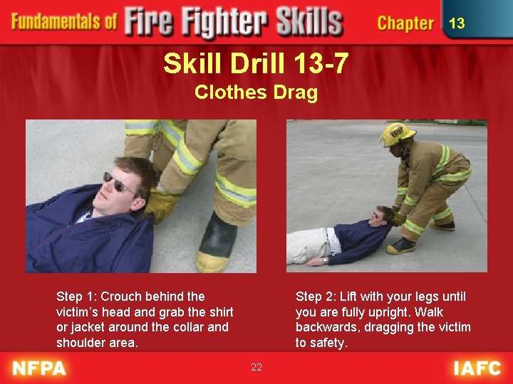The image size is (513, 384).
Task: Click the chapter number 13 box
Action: (457, 23)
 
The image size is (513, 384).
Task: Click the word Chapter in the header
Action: (405, 23)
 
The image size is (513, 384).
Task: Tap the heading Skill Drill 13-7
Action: (256, 64)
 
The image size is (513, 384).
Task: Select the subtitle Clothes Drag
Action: (256, 92)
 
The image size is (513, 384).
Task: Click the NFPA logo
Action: (39, 368)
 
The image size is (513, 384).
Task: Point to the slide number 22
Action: (256, 367)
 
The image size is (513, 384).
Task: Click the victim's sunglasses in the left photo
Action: (118, 183)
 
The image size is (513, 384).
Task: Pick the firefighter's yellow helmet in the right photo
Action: (397, 133)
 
